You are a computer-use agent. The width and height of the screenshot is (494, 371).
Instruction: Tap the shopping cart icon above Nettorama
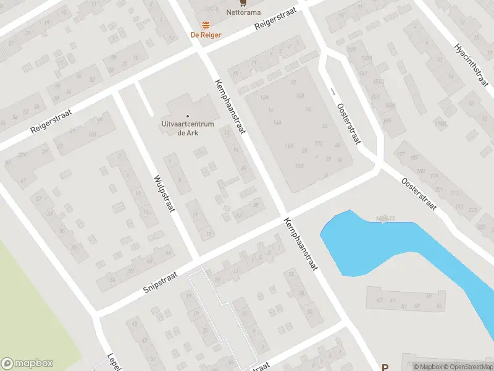click(243, 2)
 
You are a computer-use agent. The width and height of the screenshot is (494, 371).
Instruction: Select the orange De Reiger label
click(205, 35)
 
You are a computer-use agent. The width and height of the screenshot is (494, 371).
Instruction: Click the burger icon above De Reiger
click(206, 25)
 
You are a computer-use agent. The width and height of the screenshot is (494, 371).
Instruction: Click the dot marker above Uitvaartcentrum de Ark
click(188, 116)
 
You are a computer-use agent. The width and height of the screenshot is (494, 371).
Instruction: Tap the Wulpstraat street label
click(164, 192)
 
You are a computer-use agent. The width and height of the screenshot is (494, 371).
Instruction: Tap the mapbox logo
click(27, 364)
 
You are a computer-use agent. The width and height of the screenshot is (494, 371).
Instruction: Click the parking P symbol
click(385, 367)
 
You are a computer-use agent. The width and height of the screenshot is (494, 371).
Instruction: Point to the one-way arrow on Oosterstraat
click(333, 92)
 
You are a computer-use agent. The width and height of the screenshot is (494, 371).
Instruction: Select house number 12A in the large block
click(265, 97)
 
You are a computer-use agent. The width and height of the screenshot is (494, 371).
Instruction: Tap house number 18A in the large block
click(299, 166)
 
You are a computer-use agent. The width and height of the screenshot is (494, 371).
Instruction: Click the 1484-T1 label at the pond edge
click(385, 218)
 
